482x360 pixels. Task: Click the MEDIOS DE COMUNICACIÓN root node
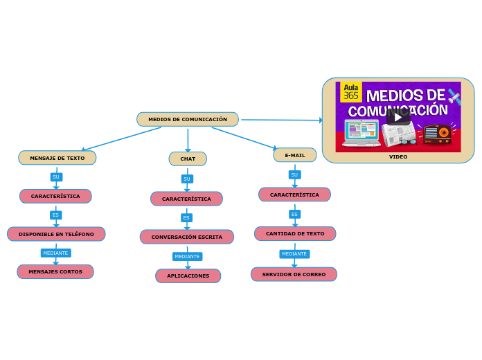(188, 119)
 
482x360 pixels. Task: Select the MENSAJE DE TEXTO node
(57, 158)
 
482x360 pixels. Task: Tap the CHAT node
(188, 159)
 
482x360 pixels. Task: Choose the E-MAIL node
(295, 155)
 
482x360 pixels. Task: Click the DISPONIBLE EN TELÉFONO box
(56, 234)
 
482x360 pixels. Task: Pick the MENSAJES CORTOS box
(55, 271)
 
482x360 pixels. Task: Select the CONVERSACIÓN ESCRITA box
(187, 237)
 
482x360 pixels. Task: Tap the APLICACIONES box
(188, 276)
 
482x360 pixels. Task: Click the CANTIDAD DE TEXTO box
(295, 233)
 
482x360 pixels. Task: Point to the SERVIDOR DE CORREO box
(294, 274)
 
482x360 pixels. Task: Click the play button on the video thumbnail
(398, 117)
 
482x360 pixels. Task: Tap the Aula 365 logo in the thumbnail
(351, 91)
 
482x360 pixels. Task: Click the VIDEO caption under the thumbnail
(398, 156)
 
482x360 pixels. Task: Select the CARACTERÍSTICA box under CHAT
(186, 199)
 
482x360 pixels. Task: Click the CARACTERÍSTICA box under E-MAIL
(294, 195)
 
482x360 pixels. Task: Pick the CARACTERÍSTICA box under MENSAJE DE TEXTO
(55, 196)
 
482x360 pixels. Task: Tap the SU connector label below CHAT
(186, 179)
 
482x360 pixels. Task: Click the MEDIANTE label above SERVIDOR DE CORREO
(294, 254)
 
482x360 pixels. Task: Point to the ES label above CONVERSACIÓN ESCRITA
(186, 217)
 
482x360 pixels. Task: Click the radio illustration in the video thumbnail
(437, 133)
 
